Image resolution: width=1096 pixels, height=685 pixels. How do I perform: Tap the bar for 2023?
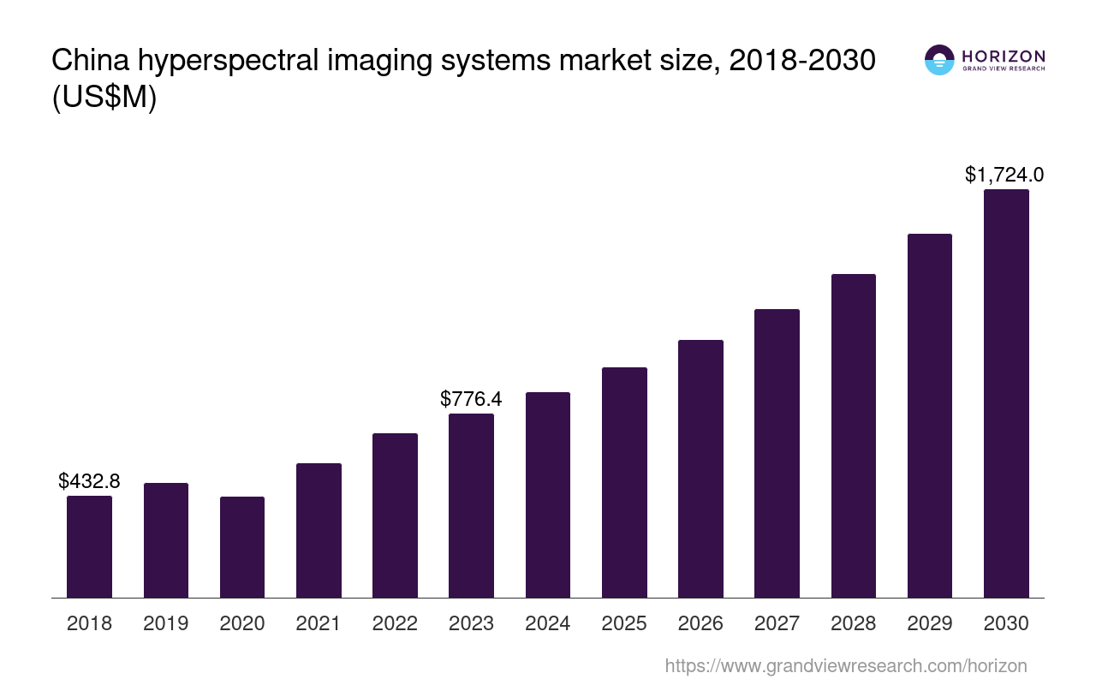click(471, 505)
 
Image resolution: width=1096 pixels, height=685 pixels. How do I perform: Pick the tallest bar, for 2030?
click(1006, 394)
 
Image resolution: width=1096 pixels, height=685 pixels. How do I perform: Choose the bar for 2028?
click(853, 436)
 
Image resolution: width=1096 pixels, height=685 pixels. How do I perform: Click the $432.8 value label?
click(89, 481)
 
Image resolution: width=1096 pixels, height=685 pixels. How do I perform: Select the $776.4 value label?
click(471, 399)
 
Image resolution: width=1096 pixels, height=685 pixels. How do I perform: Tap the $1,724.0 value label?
click(1004, 175)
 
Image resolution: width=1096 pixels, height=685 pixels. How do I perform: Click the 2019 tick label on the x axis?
click(165, 623)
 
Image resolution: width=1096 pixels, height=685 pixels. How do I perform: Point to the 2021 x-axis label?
click(319, 623)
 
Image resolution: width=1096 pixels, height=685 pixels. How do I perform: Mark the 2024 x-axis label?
click(547, 623)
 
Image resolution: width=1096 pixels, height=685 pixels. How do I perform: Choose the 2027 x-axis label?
click(777, 623)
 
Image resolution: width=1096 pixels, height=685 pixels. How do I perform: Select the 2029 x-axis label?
click(929, 623)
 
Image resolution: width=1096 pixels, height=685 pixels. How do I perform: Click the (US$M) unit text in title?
click(104, 98)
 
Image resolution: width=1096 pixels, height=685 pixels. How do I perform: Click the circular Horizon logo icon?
click(939, 60)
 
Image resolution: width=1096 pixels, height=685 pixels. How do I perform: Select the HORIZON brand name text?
click(1004, 56)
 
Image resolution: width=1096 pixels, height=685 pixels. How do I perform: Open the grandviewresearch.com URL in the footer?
click(845, 665)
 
